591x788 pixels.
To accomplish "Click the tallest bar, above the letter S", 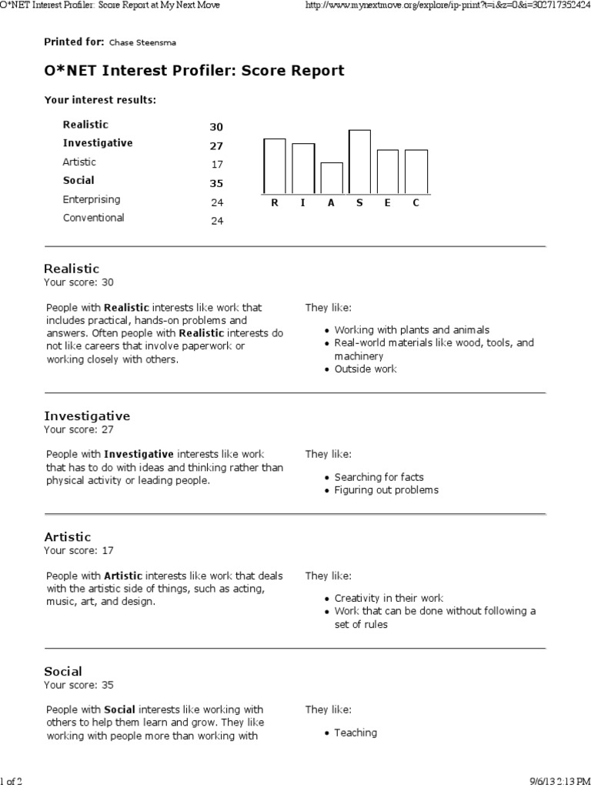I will pos(359,162).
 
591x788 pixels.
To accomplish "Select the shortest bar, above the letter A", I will pos(332,178).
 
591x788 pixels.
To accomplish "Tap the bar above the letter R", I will pos(275,165).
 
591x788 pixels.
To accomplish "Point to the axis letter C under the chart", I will pos(416,202).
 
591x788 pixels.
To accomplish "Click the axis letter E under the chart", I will pos(388,202).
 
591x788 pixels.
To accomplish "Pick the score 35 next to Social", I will pos(216,183).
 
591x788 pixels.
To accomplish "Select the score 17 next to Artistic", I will pos(217,165).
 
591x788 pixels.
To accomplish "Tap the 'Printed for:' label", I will pos(74,42).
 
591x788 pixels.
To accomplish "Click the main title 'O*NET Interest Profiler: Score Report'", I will pos(194,71).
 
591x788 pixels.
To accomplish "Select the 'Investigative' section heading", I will pos(87,416).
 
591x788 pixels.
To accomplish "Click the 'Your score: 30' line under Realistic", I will pos(78,282).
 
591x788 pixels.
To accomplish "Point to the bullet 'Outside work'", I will pos(366,369).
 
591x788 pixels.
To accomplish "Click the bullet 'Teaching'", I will pos(356,733).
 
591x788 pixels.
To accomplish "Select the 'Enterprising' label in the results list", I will pos(92,199).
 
